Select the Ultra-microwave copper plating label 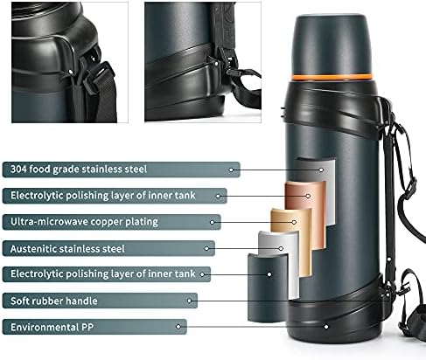point(111,222)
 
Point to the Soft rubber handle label point(100,301)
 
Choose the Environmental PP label point(94,327)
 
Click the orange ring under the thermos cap point(332,77)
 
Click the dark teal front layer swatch point(268,287)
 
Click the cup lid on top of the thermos point(332,44)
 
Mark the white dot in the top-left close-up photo point(70,71)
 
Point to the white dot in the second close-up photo point(216,63)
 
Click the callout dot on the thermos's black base point(326,327)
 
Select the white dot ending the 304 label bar point(231,170)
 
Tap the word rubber point(48,301)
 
